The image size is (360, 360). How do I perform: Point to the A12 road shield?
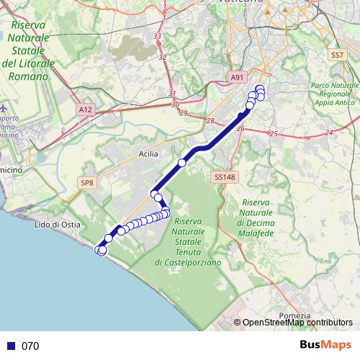click(x=86, y=109)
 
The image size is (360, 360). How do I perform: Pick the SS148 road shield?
click(x=223, y=176)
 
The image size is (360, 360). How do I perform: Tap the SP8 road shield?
click(x=86, y=184)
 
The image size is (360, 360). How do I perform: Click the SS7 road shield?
click(x=336, y=55)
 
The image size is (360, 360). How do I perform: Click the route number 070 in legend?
click(x=30, y=346)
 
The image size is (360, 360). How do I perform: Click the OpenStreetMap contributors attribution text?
click(x=297, y=323)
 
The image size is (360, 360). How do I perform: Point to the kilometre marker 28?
click(x=210, y=121)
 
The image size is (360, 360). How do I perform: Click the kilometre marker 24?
click(x=328, y=132)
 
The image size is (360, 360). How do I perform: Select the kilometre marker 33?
click(x=158, y=35)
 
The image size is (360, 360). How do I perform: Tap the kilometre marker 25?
click(x=273, y=134)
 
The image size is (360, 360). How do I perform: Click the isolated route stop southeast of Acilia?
click(x=182, y=163)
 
